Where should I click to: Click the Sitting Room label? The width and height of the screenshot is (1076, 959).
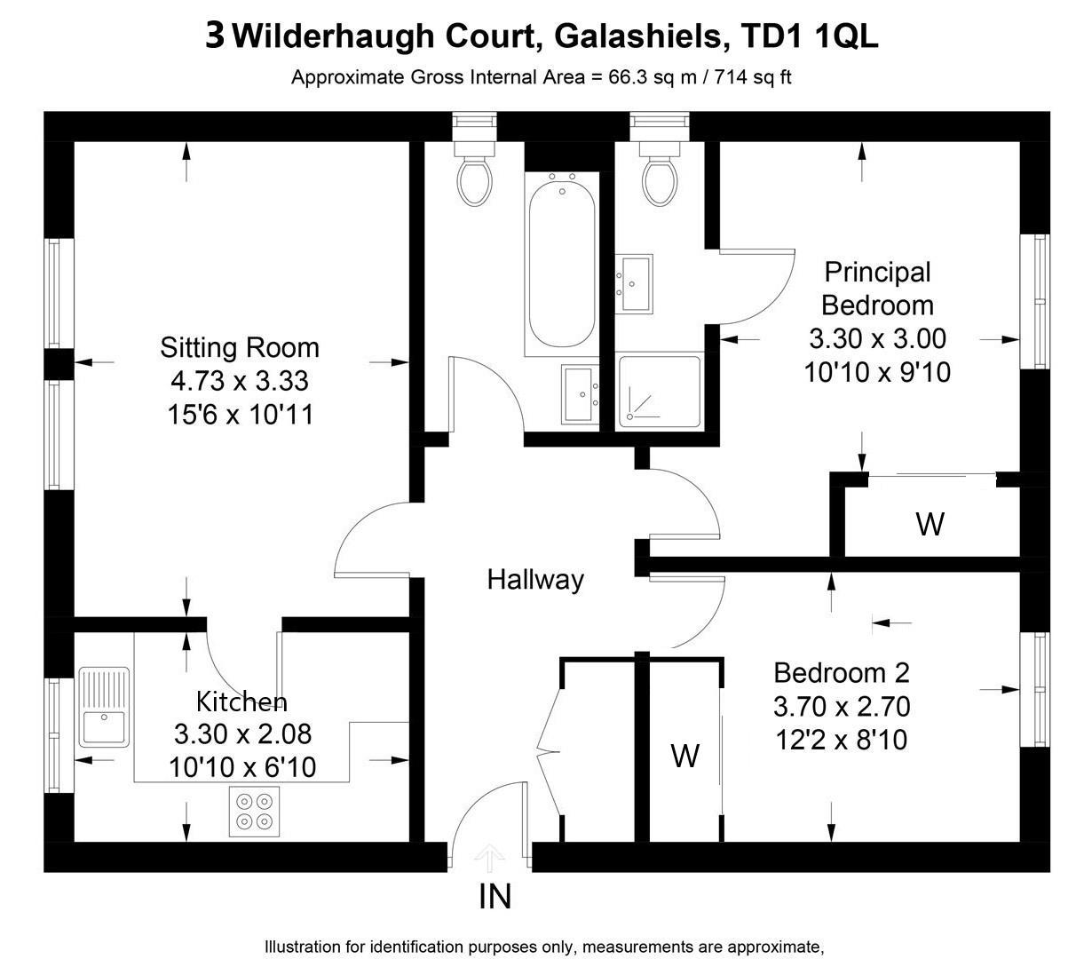click(239, 346)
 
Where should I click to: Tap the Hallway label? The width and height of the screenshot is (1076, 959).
click(535, 580)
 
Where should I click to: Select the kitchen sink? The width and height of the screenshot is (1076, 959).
click(104, 707)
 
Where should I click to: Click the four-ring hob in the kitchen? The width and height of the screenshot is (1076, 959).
click(254, 812)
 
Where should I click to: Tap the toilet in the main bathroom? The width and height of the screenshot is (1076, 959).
click(476, 179)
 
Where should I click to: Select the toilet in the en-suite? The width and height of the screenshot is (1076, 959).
click(660, 179)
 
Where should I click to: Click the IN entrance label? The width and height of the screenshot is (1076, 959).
click(494, 897)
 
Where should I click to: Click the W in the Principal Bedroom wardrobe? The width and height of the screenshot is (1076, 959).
click(930, 524)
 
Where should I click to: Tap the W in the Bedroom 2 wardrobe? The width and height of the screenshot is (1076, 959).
click(684, 756)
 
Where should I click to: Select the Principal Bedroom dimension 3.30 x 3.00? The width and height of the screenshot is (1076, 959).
click(877, 338)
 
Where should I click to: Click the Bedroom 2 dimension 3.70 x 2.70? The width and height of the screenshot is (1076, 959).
click(842, 707)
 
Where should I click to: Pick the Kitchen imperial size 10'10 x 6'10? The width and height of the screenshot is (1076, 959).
click(242, 767)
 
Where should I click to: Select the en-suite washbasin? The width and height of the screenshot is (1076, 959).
click(635, 283)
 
